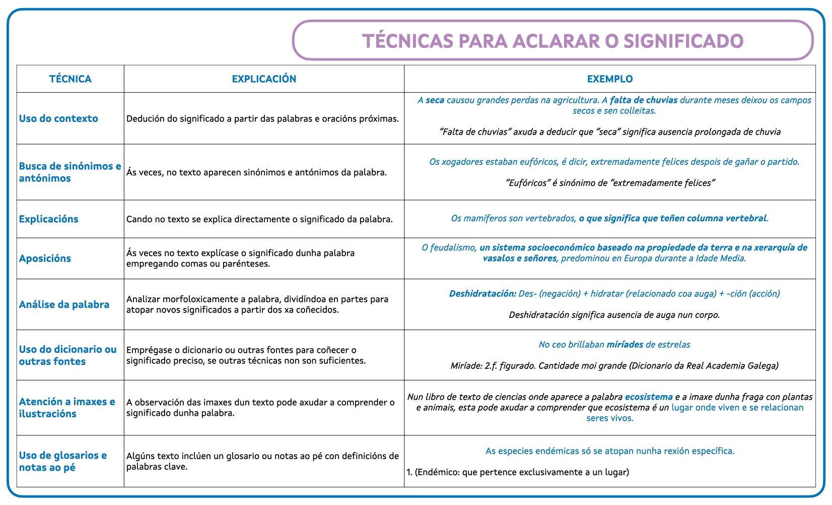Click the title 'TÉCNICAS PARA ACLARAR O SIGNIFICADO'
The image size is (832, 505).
[x=552, y=41]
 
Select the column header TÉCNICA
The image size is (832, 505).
[x=71, y=79]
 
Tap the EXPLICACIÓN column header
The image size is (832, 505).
[x=264, y=79]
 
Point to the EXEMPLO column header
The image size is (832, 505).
[x=610, y=79]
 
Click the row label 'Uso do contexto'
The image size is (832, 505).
[x=58, y=119]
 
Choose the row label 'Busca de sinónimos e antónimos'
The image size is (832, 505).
[x=70, y=172]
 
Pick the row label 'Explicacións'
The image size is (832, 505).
[x=49, y=219]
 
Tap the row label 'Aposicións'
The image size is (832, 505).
[x=45, y=259]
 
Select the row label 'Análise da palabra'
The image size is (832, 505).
[x=64, y=305]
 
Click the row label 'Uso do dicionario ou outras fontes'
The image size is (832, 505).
[x=67, y=355]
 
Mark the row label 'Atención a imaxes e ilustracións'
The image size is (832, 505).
[x=67, y=408]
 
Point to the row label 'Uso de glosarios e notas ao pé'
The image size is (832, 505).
[x=63, y=461]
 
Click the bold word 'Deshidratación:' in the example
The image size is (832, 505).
[x=482, y=294]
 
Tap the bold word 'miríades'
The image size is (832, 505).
[x=625, y=345]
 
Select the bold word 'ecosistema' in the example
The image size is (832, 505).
[x=649, y=397]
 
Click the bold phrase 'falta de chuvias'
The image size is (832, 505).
[x=644, y=100]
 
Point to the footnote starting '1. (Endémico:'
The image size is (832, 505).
[x=518, y=472]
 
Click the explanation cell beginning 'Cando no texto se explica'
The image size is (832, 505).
[x=259, y=219]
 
